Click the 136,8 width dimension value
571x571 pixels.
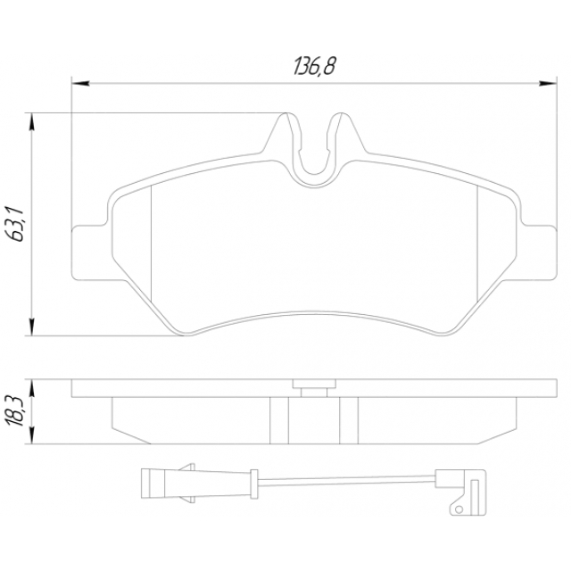tap(314, 67)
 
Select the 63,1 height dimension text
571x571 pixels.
tap(14, 224)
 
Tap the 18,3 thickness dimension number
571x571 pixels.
tap(14, 411)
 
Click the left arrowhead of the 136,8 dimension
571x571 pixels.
tap(80, 83)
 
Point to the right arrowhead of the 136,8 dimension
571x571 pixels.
tap(548, 83)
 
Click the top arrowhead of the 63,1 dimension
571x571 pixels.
tap(32, 121)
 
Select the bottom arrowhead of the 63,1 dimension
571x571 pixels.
tap(32, 327)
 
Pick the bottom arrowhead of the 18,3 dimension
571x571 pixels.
tap(32, 434)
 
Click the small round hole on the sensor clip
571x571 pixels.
tap(459, 509)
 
